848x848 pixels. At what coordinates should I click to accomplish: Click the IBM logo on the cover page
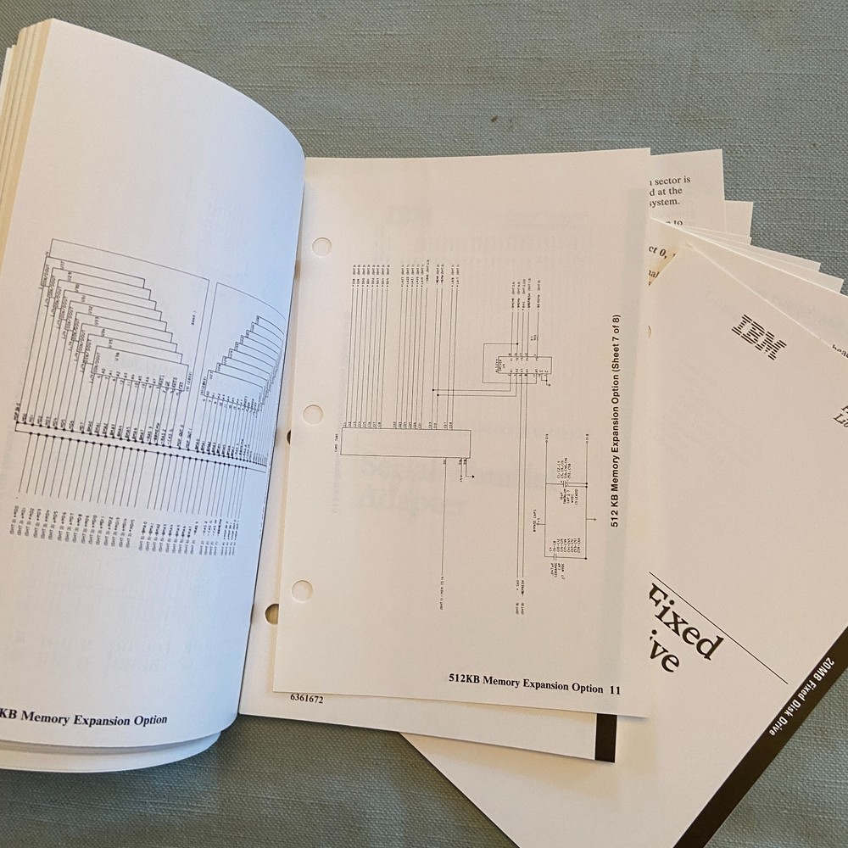click(759, 336)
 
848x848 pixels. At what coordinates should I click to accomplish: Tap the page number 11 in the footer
click(616, 689)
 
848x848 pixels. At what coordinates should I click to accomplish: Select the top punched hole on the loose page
click(322, 247)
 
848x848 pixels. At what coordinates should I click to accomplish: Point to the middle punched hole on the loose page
click(313, 415)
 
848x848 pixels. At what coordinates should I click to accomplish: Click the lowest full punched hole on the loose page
click(302, 589)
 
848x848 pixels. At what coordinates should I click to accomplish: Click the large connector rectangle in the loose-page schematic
click(405, 441)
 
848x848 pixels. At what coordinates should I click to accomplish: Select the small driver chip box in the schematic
click(516, 362)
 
